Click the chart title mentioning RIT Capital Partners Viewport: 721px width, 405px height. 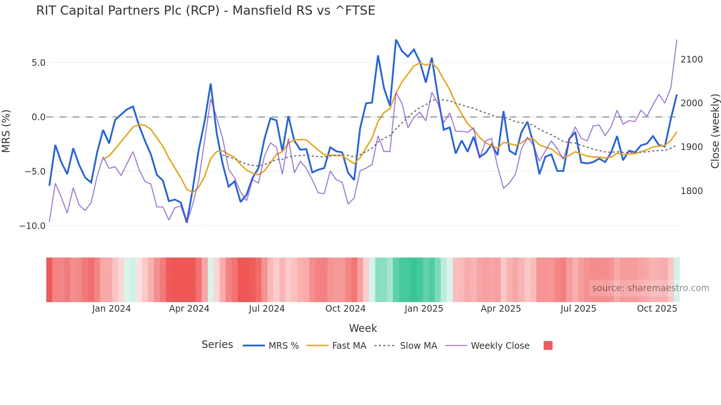[x=205, y=11]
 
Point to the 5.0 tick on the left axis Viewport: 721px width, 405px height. [x=38, y=63]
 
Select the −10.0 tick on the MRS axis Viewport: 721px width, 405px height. [x=32, y=226]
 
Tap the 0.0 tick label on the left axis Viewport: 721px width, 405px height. [x=38, y=117]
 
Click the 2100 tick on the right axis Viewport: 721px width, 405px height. [x=692, y=60]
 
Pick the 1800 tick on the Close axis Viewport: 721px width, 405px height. [x=692, y=191]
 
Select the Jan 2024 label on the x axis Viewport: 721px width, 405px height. [x=111, y=309]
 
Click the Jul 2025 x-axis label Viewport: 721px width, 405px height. [x=578, y=309]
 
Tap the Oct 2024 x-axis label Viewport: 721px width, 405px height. [x=345, y=309]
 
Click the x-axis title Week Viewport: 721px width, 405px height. [x=363, y=328]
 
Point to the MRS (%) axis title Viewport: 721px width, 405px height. [x=6, y=131]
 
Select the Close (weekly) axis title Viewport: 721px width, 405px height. [x=715, y=131]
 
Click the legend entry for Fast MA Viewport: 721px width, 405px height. [x=349, y=346]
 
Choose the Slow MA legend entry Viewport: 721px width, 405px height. [x=418, y=346]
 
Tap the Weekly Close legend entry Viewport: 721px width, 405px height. [x=500, y=346]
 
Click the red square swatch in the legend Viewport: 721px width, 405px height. [x=548, y=345]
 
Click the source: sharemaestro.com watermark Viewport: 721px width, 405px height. [x=650, y=288]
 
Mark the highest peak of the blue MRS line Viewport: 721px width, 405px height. [x=396, y=40]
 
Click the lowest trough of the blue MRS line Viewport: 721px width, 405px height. [x=187, y=222]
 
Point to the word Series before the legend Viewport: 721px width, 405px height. [x=217, y=345]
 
